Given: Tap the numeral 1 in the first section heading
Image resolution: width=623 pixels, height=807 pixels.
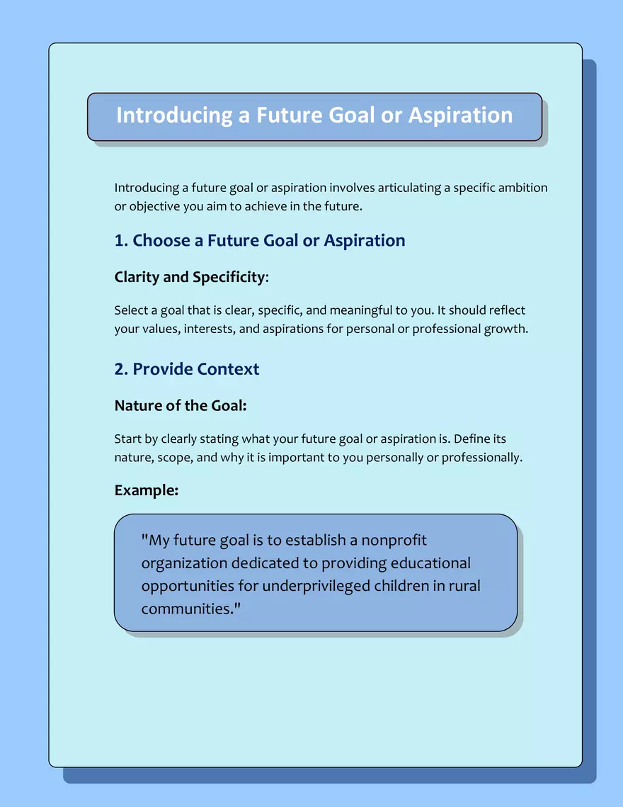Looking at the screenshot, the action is tap(119, 241).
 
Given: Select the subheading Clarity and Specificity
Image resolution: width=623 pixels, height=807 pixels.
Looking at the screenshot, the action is tap(190, 277).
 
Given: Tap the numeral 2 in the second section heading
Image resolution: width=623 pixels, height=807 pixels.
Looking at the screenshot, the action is tap(120, 369).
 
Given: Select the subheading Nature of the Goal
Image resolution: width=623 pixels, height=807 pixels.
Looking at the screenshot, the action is tap(180, 406).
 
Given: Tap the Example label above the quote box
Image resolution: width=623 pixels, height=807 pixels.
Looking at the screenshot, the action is tap(146, 490).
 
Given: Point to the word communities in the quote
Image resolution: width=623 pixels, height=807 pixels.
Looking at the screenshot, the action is tap(187, 609).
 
